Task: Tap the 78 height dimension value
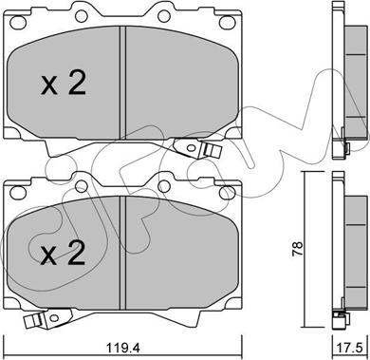(298, 249)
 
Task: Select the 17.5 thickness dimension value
(351, 349)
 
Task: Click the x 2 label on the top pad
(64, 83)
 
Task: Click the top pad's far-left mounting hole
(16, 23)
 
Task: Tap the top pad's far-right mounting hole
(226, 23)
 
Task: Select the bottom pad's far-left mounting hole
(16, 192)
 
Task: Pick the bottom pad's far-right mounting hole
(226, 192)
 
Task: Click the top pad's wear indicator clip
(196, 148)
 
